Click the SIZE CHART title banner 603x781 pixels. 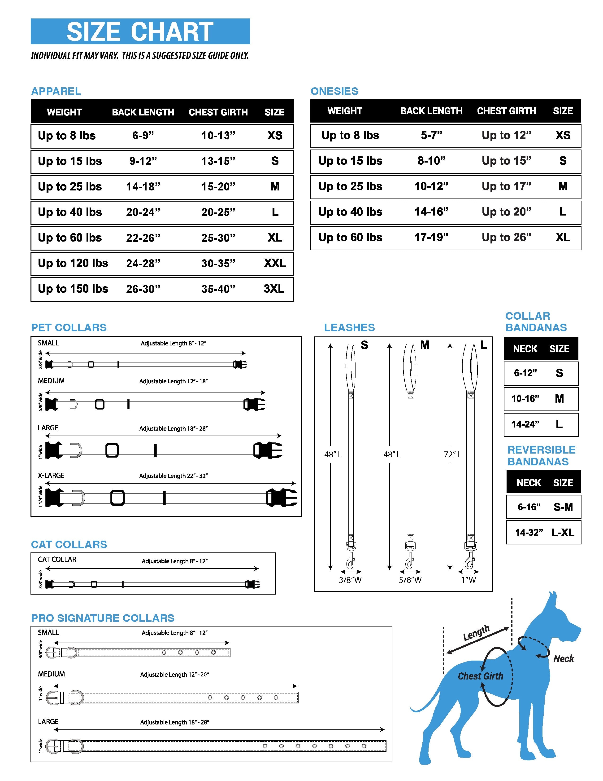point(140,31)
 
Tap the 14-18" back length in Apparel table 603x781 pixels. point(143,187)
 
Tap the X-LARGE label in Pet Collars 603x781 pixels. point(51,475)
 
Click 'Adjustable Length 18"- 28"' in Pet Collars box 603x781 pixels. point(173,428)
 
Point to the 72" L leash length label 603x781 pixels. point(452,454)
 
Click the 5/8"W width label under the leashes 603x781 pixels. point(410,580)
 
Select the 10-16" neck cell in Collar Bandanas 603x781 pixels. point(525,398)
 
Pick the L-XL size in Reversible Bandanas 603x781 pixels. point(563,533)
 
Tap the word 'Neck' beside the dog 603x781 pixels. point(563,659)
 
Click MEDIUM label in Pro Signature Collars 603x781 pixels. point(52,674)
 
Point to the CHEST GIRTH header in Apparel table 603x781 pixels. point(218,112)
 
